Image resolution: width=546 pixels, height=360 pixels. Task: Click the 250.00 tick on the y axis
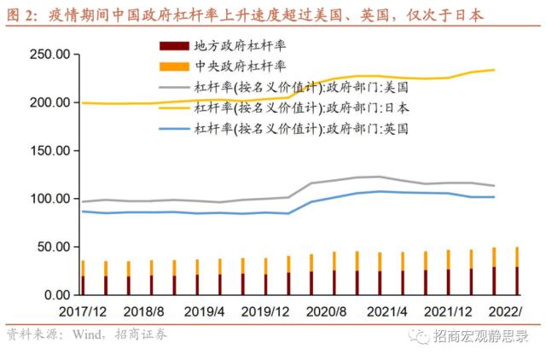coord(49,55)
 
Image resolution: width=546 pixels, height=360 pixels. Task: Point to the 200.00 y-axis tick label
coord(49,102)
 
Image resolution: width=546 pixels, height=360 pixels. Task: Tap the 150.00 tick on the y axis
coord(49,151)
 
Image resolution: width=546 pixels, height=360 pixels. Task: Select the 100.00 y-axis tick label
coord(49,199)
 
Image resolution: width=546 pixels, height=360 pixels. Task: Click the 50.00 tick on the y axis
coord(52,247)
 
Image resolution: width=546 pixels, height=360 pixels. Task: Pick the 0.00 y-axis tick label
coord(55,295)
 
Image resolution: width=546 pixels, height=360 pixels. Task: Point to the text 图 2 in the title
coord(18,15)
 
